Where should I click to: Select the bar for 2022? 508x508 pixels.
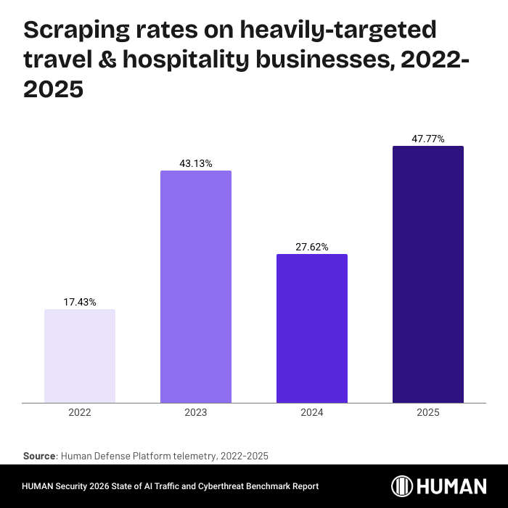click(x=80, y=356)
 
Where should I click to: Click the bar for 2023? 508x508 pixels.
click(x=196, y=286)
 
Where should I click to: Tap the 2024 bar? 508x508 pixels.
click(x=312, y=328)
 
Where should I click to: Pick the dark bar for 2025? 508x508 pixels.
click(x=428, y=274)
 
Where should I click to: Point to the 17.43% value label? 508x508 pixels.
click(x=80, y=301)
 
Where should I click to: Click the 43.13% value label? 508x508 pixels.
click(x=196, y=163)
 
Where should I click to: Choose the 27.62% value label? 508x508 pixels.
click(x=312, y=247)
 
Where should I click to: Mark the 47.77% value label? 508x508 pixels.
click(x=428, y=139)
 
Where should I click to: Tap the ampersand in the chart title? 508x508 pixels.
click(x=109, y=60)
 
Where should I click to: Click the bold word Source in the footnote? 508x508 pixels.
click(x=39, y=456)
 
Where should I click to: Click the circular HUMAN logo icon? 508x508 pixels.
click(x=403, y=486)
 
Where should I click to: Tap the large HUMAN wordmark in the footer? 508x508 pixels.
click(x=452, y=486)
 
